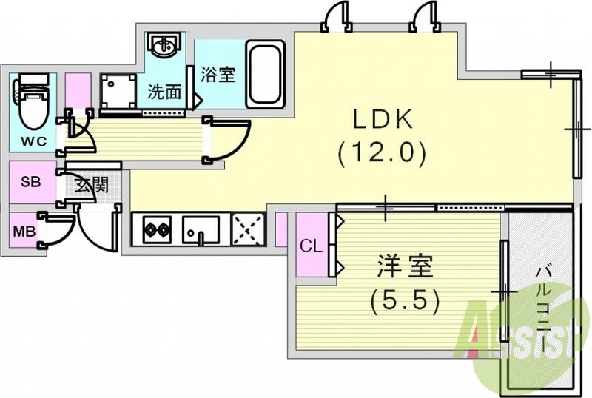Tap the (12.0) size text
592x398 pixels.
click(x=382, y=153)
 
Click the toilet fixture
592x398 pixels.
click(x=31, y=103)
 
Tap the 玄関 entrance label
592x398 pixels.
click(x=92, y=184)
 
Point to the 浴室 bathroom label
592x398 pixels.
click(x=218, y=75)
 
